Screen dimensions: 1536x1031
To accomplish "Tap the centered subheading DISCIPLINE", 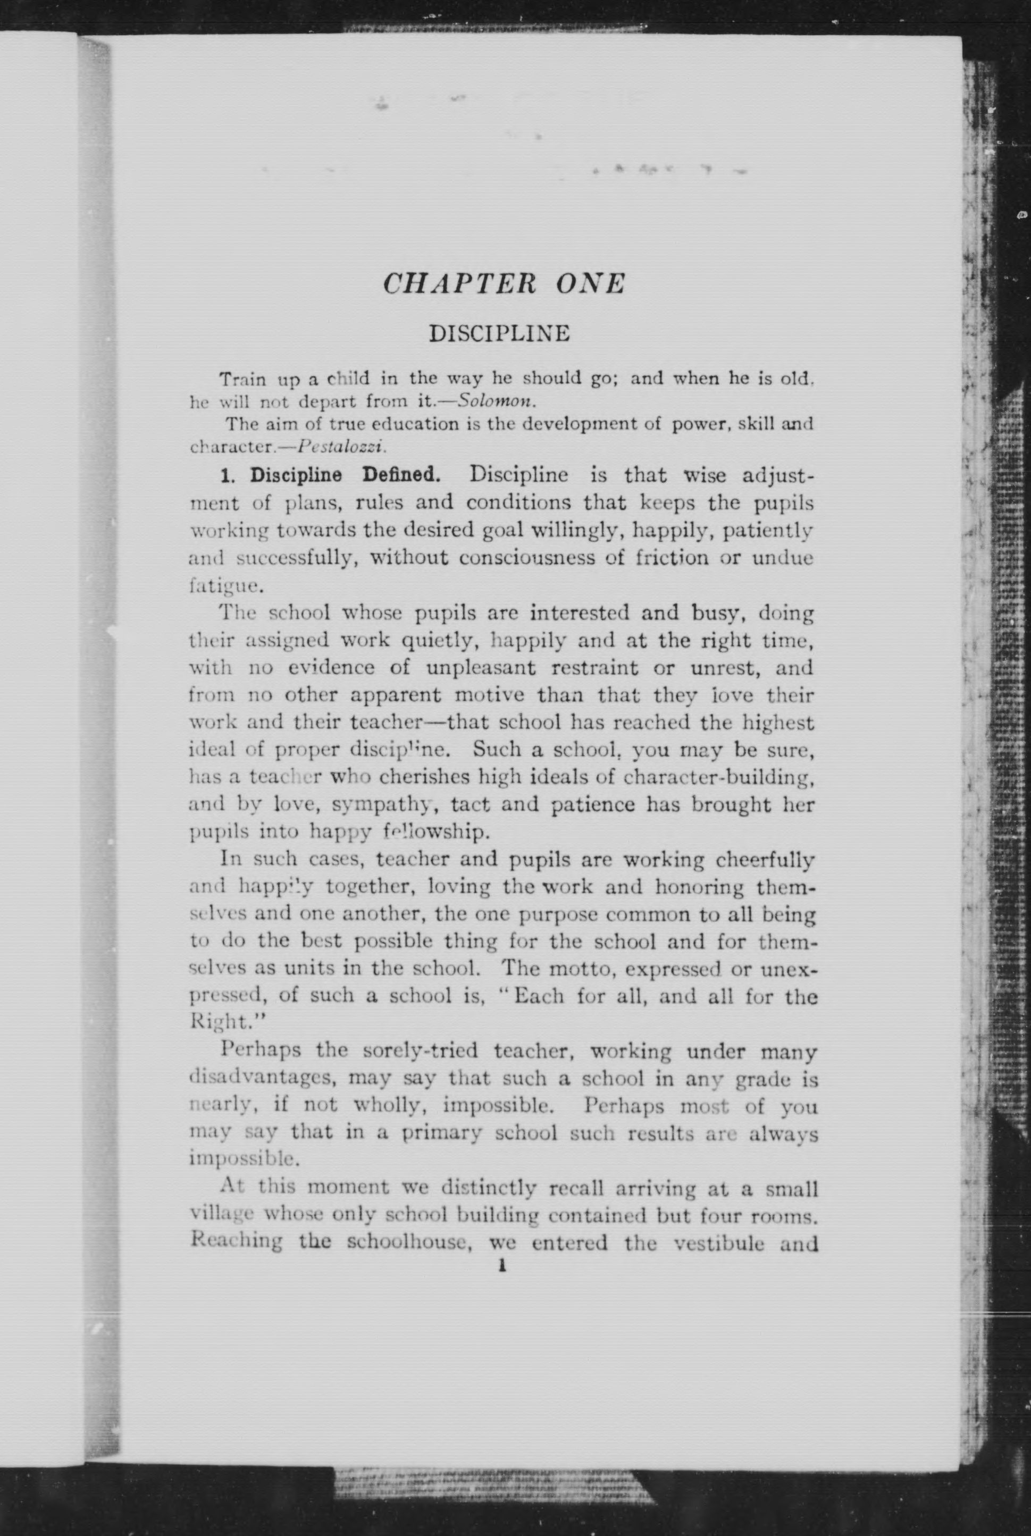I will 499,333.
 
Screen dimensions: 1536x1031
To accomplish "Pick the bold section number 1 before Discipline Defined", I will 227,475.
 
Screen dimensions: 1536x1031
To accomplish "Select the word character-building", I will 719,777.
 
